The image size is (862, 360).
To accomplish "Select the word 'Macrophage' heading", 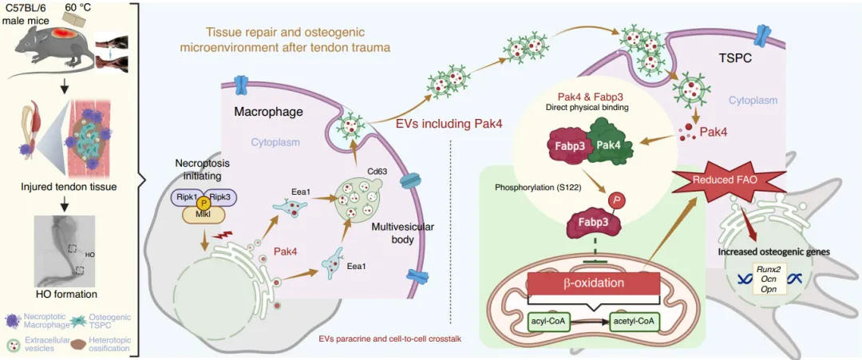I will click(x=268, y=113).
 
